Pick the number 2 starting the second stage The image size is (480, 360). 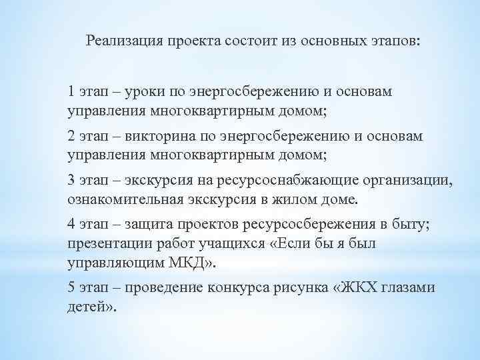pos(71,136)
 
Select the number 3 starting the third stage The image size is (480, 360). pos(71,181)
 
